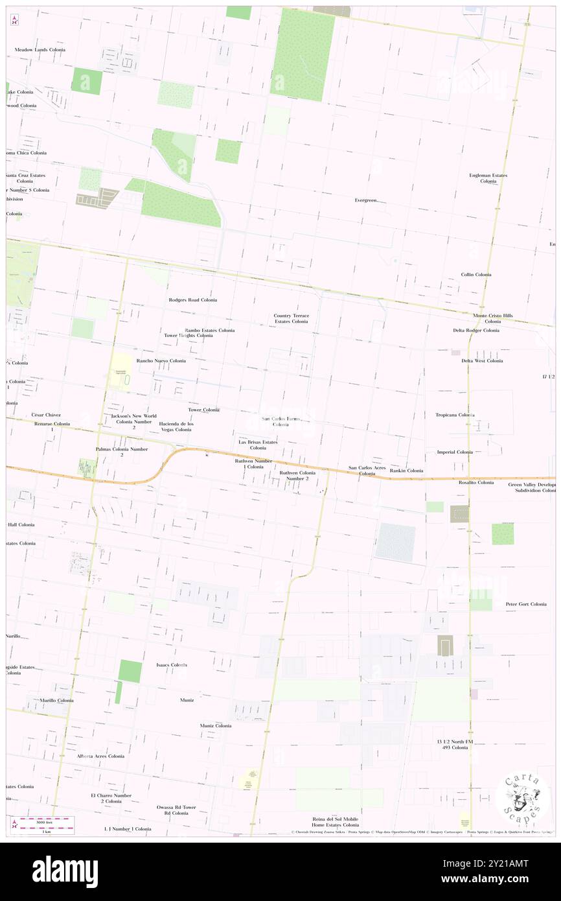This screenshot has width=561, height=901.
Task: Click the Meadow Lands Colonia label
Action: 40,50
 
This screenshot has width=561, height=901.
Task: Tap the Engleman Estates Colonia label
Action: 488,178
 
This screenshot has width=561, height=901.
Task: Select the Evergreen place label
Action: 366,200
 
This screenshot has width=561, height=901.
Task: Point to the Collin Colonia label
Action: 476,275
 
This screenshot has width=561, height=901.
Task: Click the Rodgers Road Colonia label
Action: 192,300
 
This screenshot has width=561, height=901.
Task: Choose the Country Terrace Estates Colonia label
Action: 291,318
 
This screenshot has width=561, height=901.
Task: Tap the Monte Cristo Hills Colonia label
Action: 493,318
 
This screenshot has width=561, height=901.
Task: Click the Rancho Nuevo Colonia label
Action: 161,360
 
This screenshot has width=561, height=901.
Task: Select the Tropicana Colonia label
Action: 455,415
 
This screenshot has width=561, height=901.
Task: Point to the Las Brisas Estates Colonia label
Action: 258,445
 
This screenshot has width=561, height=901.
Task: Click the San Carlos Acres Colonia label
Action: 367,471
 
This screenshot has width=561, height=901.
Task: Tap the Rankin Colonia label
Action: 407,471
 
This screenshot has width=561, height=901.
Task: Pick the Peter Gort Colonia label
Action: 526,604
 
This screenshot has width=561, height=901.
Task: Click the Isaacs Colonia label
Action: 172,665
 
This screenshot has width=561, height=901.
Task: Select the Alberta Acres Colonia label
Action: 100,756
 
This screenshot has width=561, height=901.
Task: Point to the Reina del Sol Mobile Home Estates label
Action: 327,822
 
